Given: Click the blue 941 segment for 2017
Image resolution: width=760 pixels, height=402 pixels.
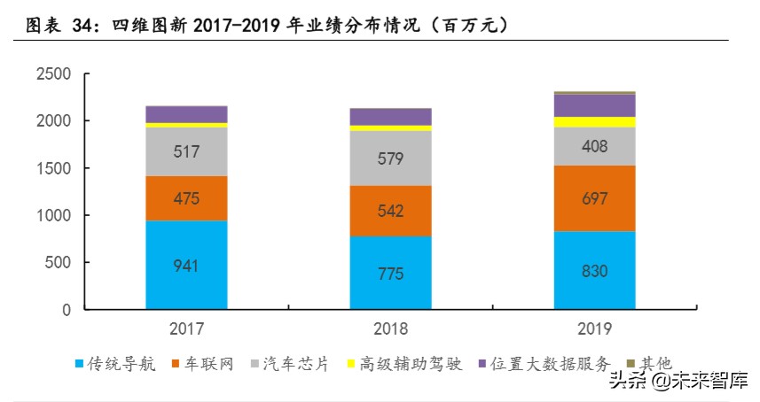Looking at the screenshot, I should pyautogui.click(x=186, y=265).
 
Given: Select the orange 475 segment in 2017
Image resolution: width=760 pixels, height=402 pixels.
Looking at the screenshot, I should pyautogui.click(x=186, y=197).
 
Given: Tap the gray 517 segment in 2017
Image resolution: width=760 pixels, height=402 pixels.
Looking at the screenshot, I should pyautogui.click(x=186, y=151).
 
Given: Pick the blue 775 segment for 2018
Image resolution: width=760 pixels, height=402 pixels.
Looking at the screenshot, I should pyautogui.click(x=390, y=273).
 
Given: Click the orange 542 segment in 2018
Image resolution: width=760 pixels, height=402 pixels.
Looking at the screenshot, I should pyautogui.click(x=390, y=211).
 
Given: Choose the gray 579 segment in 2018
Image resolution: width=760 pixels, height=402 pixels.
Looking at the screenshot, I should pyautogui.click(x=390, y=158).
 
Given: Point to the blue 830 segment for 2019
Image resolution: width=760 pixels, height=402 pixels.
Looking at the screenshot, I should pyautogui.click(x=594, y=270).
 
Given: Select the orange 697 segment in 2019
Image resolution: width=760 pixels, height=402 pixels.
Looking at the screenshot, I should pyautogui.click(x=594, y=197).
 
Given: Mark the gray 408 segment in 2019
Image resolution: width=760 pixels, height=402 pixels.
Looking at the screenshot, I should pyautogui.click(x=594, y=145).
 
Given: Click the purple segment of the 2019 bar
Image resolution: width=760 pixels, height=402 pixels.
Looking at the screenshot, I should pyautogui.click(x=594, y=105).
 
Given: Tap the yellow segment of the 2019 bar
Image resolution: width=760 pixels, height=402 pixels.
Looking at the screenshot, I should pyautogui.click(x=594, y=121).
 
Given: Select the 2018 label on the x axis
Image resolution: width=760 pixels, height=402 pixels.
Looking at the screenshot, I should pyautogui.click(x=390, y=329).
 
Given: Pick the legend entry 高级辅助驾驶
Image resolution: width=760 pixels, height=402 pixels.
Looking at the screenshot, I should pyautogui.click(x=410, y=364).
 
